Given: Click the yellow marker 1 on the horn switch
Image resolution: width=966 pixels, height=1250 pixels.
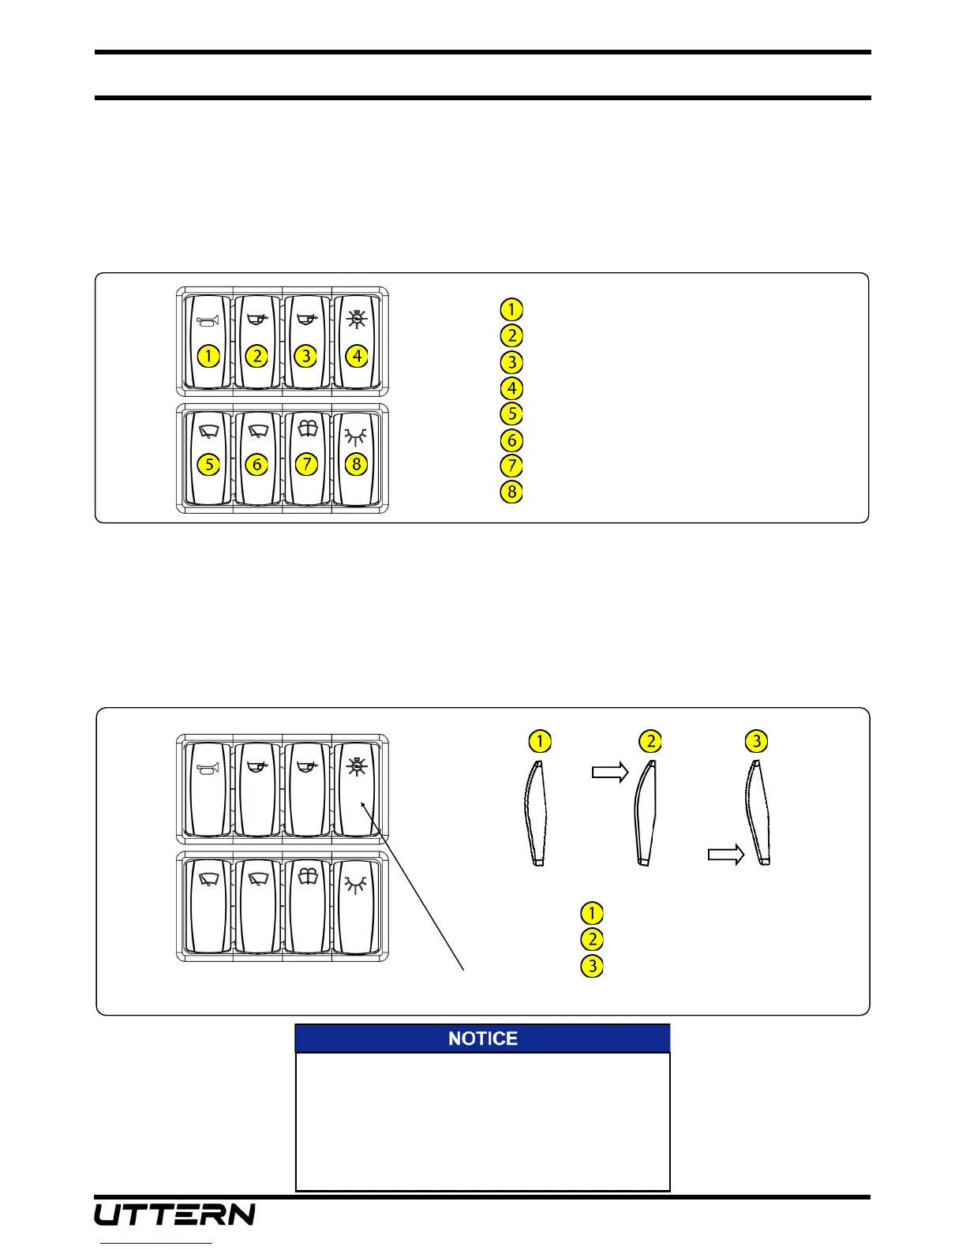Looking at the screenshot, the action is coord(208,356).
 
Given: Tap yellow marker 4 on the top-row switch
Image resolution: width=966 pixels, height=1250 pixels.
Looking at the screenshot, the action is coord(357,356).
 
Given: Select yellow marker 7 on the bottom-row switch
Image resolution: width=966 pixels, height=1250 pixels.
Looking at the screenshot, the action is coord(306,464).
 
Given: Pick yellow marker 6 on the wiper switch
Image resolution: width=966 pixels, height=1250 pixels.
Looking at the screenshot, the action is coord(256,464).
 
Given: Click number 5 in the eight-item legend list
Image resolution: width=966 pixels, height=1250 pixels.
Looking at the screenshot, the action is coord(511,414).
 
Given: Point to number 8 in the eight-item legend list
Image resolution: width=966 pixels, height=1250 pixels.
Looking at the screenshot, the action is coord(511,492).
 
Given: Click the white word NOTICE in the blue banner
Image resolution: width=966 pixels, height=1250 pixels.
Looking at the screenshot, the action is coord(482,1039).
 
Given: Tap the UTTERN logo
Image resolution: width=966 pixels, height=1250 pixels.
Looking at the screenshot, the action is coord(175,1214).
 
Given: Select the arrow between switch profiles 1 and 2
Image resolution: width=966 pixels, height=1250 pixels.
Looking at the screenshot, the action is coord(610,773).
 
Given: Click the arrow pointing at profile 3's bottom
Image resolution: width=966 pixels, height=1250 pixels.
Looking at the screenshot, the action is coord(726,855).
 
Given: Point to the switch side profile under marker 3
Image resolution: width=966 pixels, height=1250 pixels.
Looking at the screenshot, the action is coord(758,813).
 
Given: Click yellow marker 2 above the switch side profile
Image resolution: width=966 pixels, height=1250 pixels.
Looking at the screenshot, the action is coord(650,742).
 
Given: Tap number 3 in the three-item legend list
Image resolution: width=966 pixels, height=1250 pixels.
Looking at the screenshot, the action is coord(591,965).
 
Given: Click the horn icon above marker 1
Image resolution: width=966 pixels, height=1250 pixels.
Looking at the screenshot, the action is coord(208,320).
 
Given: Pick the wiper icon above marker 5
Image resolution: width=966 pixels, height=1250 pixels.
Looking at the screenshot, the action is coord(208,432).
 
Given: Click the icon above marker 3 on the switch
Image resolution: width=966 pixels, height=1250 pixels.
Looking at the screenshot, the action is coord(306,320).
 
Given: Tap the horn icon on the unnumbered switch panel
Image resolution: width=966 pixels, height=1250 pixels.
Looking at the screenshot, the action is coord(208,767).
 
